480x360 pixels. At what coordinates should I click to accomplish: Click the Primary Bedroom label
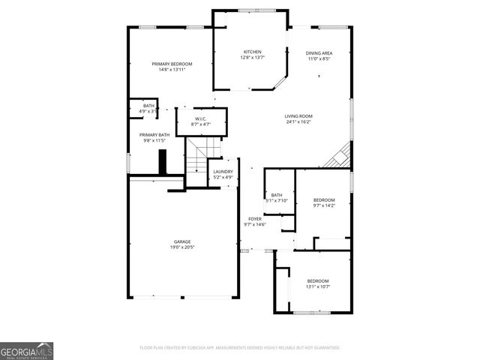(172, 64)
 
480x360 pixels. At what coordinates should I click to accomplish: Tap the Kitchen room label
(252, 52)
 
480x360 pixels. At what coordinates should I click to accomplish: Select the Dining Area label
(319, 53)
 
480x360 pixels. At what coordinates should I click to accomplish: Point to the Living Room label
(298, 115)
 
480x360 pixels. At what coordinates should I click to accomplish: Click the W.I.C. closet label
(200, 118)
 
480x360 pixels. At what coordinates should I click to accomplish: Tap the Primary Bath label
(153, 135)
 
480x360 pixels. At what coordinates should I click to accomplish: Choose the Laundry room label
(223, 172)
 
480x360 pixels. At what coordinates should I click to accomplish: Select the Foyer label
(255, 219)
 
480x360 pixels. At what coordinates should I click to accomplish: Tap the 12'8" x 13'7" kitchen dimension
(252, 57)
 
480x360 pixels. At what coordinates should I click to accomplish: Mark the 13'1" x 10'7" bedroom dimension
(318, 286)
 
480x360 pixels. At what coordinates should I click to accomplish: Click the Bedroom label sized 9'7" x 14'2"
(323, 199)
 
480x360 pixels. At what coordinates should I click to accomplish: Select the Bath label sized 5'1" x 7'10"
(276, 195)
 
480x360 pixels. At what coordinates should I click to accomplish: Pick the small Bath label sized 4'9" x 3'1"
(148, 106)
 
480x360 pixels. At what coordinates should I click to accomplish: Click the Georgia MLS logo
(26, 350)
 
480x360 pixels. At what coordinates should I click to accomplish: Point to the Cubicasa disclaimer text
(239, 348)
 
